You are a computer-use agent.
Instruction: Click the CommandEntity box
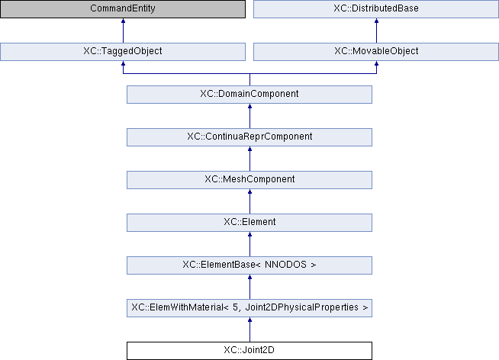pos(123,9)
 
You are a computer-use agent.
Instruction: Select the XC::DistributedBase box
pos(376,9)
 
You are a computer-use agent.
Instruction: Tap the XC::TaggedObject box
pos(123,52)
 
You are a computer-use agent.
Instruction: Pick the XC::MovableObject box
pos(376,52)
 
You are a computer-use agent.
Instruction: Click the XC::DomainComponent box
pos(250,95)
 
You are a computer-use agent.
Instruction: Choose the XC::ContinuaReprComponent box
pos(250,137)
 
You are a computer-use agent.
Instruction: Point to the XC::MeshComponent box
pos(250,180)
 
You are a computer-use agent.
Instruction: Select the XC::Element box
pos(250,223)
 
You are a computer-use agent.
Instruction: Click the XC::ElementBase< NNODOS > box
pos(250,265)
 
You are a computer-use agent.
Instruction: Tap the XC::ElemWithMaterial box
pos(250,308)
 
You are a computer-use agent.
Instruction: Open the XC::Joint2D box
pos(250,351)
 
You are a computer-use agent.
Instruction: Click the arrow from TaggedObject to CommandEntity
pos(123,31)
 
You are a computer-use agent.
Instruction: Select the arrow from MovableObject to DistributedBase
pos(376,31)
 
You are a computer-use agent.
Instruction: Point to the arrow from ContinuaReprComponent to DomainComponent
pos(250,116)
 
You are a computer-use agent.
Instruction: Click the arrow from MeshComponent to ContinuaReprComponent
pos(250,159)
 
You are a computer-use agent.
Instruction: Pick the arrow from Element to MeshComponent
pos(250,201)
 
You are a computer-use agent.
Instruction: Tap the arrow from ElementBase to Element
pos(250,244)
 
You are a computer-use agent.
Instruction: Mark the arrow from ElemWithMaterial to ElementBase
pos(250,287)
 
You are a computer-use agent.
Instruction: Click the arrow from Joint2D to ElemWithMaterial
pos(250,329)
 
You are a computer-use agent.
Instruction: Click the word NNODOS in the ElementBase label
pos(285,265)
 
